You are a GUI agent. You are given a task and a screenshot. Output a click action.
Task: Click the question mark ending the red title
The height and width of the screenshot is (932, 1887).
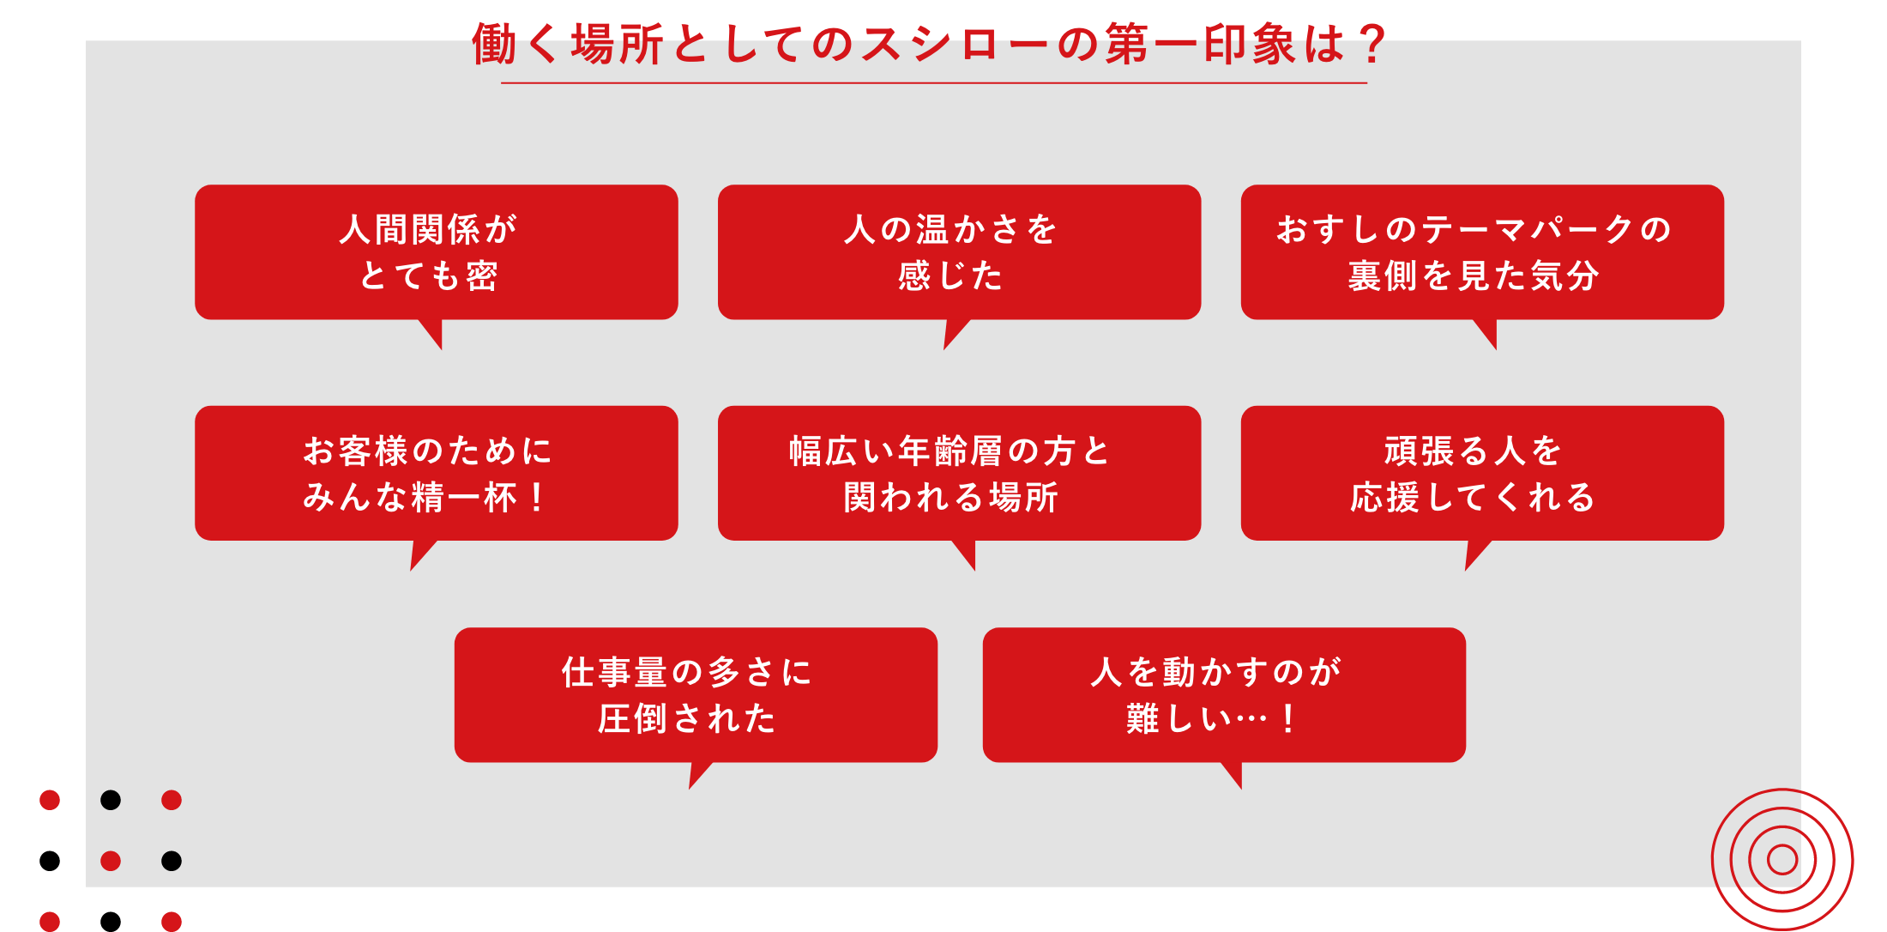[1372, 44]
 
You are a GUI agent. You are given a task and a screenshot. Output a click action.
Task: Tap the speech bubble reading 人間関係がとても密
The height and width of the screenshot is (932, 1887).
[437, 252]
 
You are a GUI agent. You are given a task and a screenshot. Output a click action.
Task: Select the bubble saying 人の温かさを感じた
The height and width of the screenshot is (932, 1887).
[959, 252]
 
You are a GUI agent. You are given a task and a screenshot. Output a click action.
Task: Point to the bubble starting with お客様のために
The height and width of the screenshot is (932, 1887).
[437, 473]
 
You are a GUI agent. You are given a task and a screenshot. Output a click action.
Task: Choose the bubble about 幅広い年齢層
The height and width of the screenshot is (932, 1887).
[959, 473]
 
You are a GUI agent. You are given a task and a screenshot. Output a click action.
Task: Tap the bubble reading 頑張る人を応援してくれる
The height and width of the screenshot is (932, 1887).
[1482, 473]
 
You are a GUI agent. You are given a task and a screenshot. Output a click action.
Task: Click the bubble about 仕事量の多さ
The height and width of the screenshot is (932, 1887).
[696, 695]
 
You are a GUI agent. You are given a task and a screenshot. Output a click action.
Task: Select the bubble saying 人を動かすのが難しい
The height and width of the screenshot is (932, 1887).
[1224, 695]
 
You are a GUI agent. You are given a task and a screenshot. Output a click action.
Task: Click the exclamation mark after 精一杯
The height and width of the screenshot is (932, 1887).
[537, 498]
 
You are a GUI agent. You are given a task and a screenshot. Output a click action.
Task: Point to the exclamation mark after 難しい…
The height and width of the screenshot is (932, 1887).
[1287, 719]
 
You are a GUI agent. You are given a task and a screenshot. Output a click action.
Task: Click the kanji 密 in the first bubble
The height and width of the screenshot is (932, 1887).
[482, 276]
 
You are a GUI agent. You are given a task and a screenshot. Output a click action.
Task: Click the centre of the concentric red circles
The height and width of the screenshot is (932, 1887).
[1782, 859]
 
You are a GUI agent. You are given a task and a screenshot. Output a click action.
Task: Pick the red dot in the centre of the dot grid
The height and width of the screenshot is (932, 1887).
[111, 861]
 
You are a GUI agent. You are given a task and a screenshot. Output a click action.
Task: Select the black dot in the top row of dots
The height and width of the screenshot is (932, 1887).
[111, 800]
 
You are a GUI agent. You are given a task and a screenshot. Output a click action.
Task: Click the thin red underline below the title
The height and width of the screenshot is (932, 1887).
[934, 83]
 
